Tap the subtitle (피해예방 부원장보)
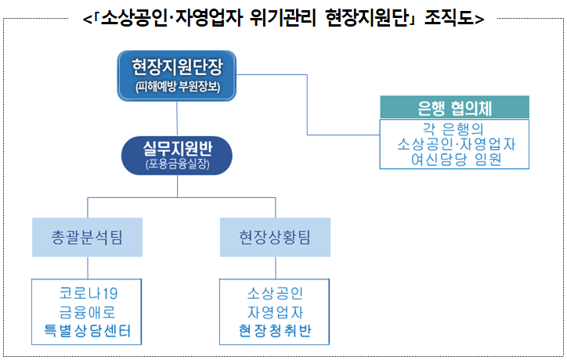point(178,88)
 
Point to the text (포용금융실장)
point(177,165)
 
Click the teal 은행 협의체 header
point(454,107)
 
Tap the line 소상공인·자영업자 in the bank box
point(454,145)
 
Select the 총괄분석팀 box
point(88,236)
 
